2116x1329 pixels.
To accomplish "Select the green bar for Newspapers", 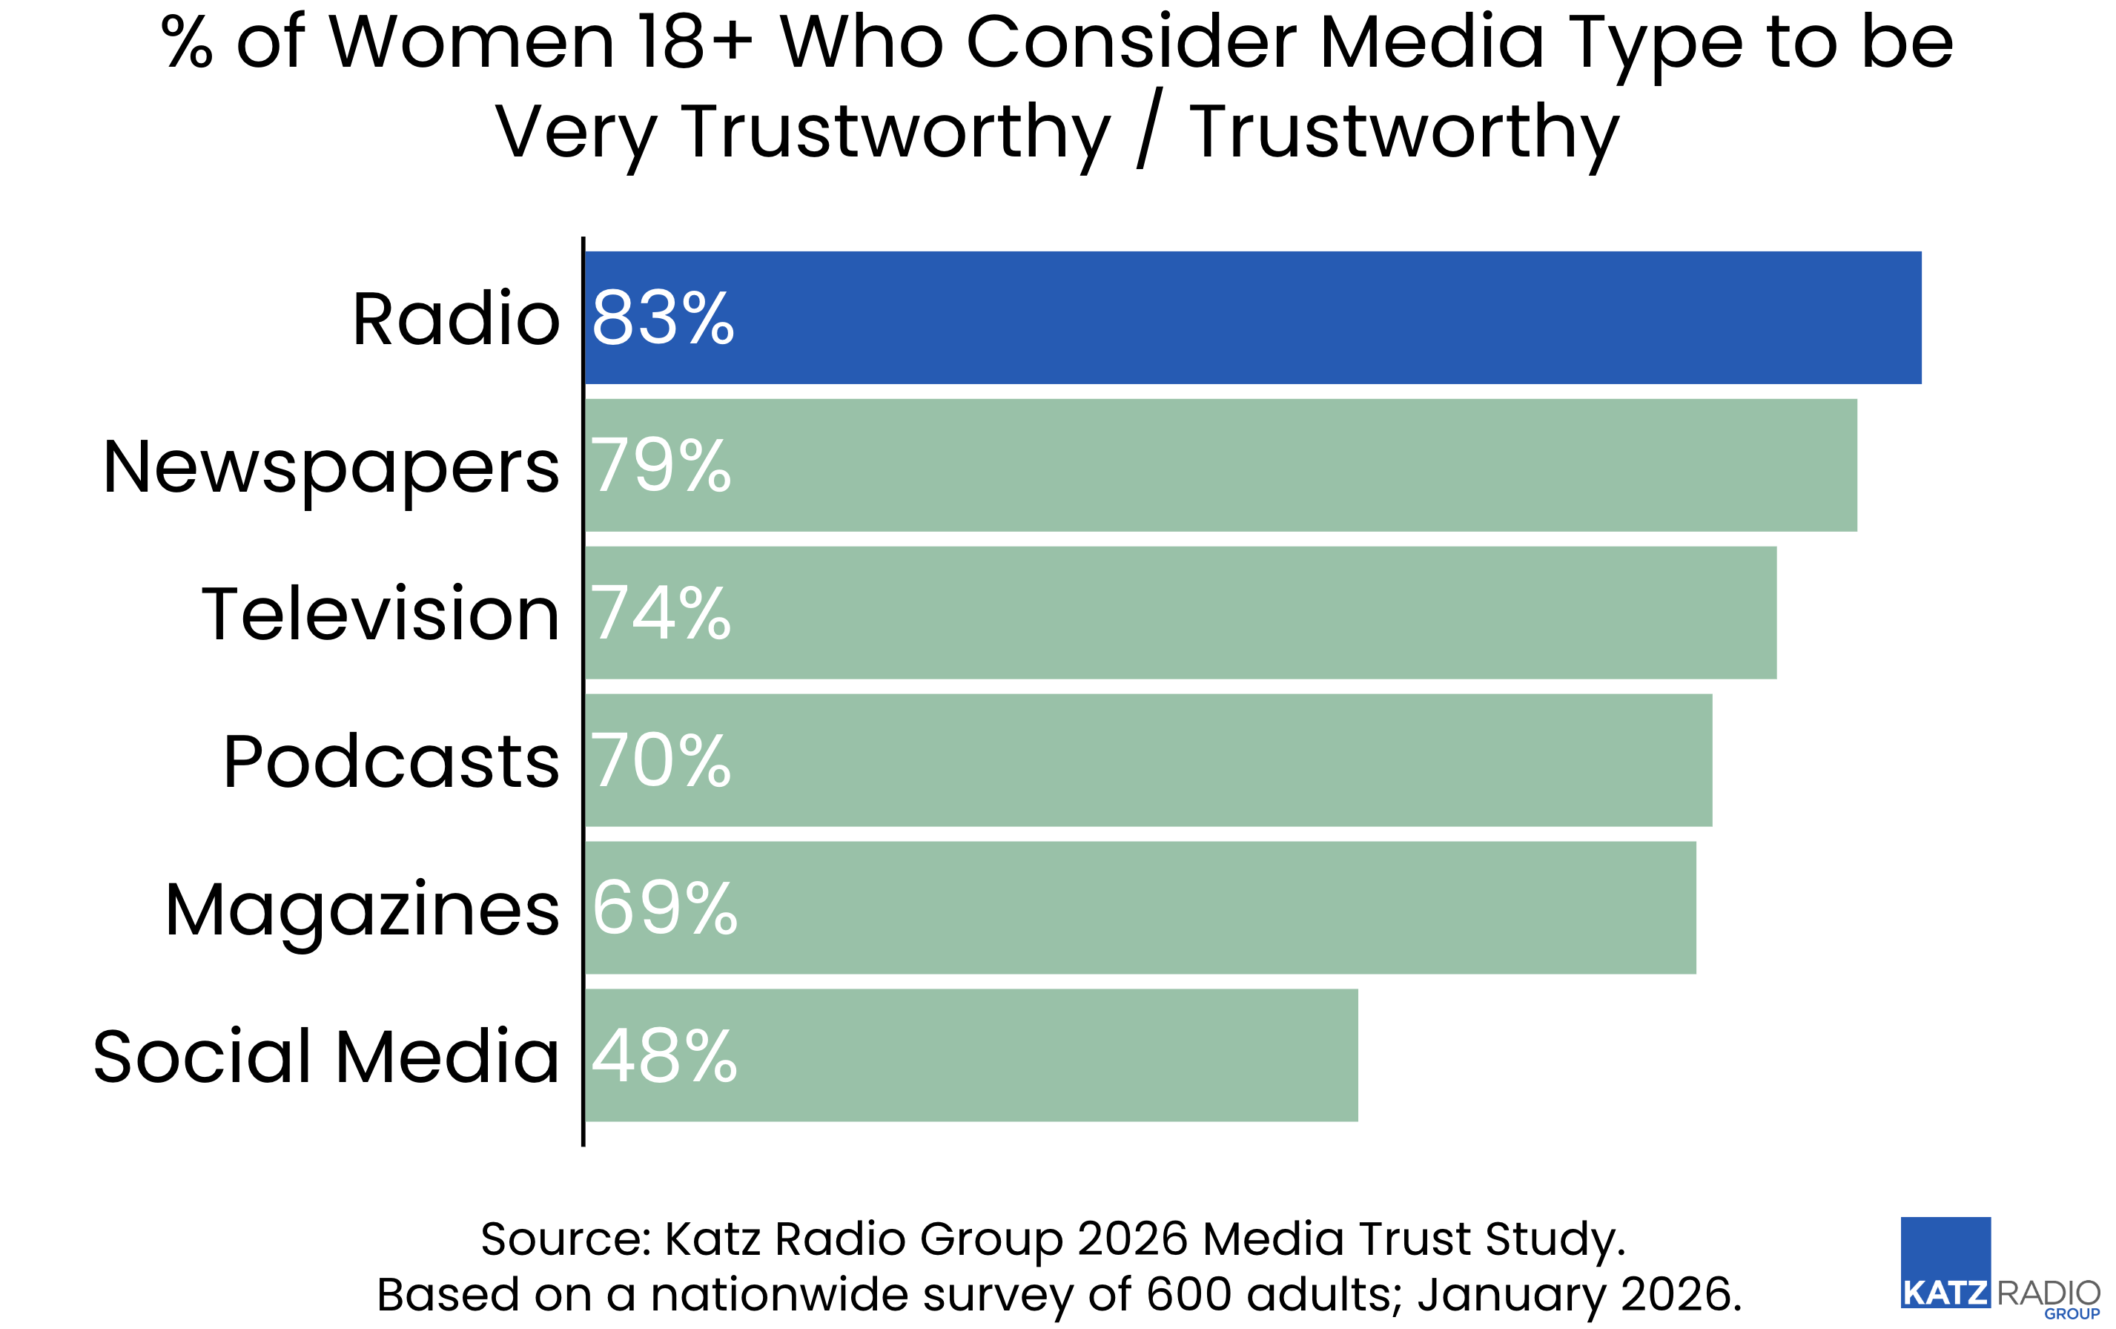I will (x=1221, y=465).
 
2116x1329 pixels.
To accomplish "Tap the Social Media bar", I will (x=971, y=1055).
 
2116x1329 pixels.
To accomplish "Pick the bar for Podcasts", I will (x=1147, y=760).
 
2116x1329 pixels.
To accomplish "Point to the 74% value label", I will (x=660, y=613).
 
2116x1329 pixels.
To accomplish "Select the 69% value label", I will (x=664, y=908).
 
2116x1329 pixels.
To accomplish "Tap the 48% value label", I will (x=664, y=1055).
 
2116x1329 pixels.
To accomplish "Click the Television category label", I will (x=380, y=613).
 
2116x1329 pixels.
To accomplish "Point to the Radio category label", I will (x=455, y=318).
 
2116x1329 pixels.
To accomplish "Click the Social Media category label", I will (x=326, y=1055).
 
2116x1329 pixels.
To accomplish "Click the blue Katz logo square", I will (x=1945, y=1253).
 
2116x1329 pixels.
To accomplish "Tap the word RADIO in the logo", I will (x=2049, y=1293).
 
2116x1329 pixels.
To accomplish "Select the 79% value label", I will (x=660, y=466).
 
